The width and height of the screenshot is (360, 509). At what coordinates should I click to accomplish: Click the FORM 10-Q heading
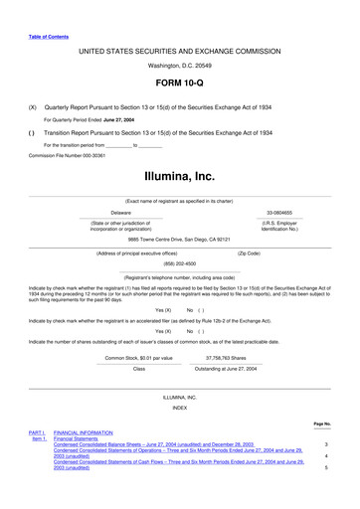(x=179, y=84)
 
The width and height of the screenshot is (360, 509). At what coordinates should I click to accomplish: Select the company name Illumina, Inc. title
(x=179, y=177)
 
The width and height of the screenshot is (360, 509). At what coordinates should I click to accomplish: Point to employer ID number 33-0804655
(x=280, y=213)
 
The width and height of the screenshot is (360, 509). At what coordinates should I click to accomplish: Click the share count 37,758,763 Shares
(x=230, y=357)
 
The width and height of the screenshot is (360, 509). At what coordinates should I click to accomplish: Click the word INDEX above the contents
(x=179, y=408)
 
